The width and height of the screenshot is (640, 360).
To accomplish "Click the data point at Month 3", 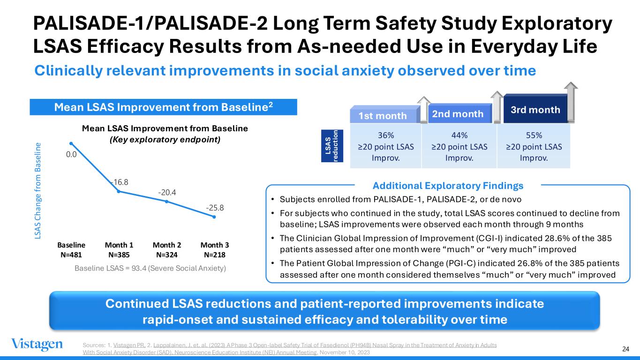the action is coord(214,217).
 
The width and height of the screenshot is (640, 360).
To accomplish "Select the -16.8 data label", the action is coord(120,182).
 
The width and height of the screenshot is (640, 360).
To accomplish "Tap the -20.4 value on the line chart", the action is coord(167,192).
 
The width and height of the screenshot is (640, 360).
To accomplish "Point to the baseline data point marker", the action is coord(71,143).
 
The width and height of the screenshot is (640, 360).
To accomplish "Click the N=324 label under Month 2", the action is coord(167,255).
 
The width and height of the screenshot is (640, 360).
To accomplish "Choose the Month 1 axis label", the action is coord(119,245).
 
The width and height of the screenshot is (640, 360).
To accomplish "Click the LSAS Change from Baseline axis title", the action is coord(38,191).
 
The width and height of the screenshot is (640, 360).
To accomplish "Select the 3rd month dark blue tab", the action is coord(535,109).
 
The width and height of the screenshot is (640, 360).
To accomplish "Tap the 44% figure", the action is coord(459,135).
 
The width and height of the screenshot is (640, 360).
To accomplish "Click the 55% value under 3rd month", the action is coord(534,135).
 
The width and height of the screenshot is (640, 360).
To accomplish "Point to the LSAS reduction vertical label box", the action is coord(332,146).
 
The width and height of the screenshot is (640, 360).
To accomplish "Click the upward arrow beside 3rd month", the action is coord(571,101).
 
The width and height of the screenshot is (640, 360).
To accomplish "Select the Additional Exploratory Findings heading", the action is coord(448,186).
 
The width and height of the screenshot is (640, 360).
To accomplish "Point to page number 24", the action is coord(626,349).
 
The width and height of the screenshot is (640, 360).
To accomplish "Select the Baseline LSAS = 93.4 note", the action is coord(151,268).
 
